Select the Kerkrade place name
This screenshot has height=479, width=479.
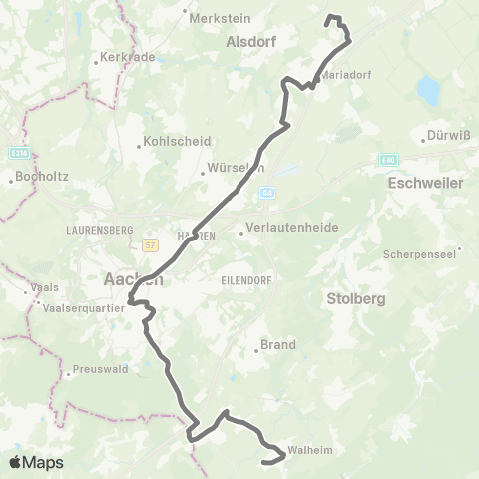click(x=128, y=58)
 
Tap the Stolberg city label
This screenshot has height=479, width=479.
click(x=355, y=298)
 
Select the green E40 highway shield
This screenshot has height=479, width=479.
click(x=389, y=159)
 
